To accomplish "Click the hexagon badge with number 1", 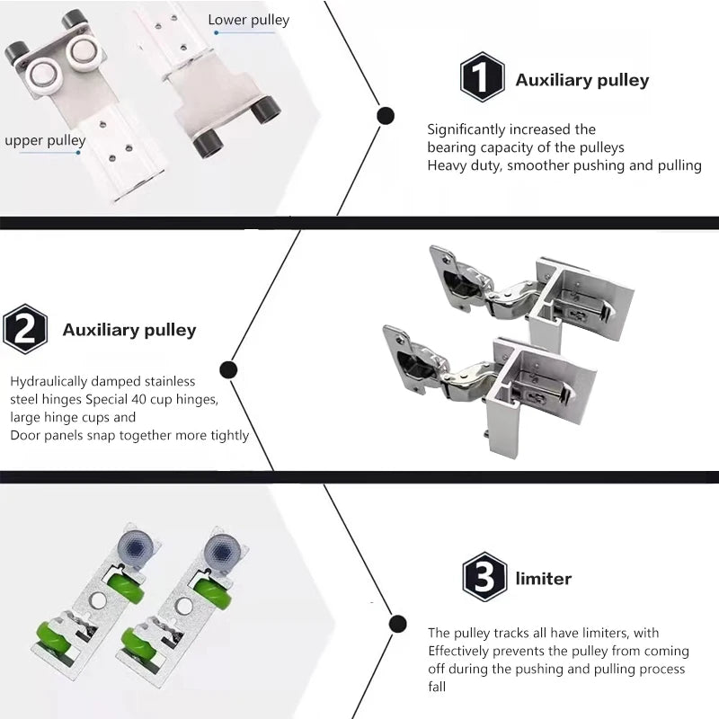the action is [482, 77].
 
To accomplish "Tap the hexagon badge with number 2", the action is [25, 328].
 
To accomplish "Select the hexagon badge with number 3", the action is [484, 577].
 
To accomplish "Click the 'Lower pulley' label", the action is [249, 20].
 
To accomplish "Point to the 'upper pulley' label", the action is [45, 140].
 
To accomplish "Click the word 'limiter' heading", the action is [544, 579].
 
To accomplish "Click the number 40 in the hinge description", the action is [139, 399].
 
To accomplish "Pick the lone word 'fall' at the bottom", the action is [437, 687].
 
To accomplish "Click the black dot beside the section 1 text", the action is [386, 116].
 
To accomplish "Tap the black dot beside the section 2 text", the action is [228, 369].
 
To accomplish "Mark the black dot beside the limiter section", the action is [397, 624].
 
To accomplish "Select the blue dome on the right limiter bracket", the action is [220, 549].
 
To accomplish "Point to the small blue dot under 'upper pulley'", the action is [78, 152].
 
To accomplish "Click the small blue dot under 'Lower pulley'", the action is [217, 32].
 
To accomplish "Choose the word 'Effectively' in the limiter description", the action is [458, 651].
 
